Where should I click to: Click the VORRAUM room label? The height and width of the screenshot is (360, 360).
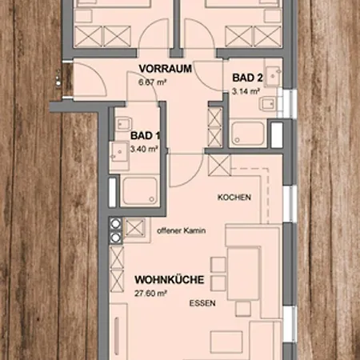[166, 69]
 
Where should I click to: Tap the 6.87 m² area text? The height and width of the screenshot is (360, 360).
[152, 82]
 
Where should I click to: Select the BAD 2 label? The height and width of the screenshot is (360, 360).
[247, 78]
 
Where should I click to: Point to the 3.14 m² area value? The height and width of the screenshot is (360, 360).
[246, 92]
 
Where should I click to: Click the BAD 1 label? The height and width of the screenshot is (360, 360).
[145, 136]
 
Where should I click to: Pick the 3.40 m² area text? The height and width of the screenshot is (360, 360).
[144, 149]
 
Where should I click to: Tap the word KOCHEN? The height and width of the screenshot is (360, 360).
[234, 198]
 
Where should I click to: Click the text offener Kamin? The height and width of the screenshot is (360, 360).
[182, 230]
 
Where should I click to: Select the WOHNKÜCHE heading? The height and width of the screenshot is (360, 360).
[170, 280]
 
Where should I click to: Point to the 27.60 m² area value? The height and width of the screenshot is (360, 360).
[150, 294]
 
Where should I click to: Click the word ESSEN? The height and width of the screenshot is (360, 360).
[202, 303]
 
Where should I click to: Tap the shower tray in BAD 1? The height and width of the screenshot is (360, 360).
[140, 190]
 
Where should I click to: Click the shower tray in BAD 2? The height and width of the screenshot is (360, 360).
[248, 134]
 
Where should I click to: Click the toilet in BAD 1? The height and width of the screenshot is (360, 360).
[123, 124]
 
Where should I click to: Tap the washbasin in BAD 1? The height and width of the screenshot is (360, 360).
[120, 152]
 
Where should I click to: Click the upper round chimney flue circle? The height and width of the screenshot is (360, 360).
[115, 224]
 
